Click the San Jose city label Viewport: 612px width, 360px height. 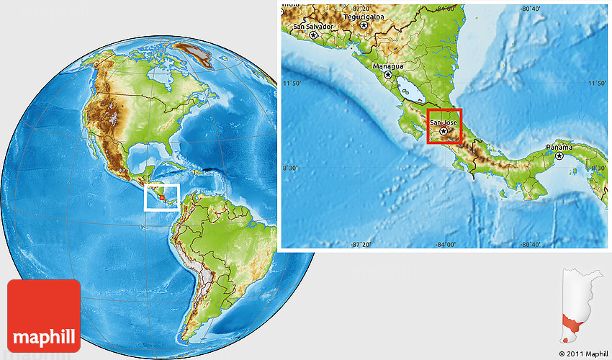tap(444, 122)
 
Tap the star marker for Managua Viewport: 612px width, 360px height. tap(388, 74)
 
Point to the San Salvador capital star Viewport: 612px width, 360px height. tap(313, 35)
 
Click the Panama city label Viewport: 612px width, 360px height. tap(559, 147)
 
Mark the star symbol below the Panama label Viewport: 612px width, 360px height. tap(559, 156)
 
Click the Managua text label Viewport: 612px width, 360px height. tap(387, 66)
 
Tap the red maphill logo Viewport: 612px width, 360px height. tap(44, 315)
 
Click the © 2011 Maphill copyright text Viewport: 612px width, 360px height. tap(584, 354)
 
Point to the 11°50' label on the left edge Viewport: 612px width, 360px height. tap(292, 84)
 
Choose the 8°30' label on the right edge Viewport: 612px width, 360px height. tap(597, 168)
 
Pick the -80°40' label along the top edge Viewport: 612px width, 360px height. tap(530, 9)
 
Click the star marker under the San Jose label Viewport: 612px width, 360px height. tap(444, 131)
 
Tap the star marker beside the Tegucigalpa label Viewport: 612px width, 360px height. tap(364, 25)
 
